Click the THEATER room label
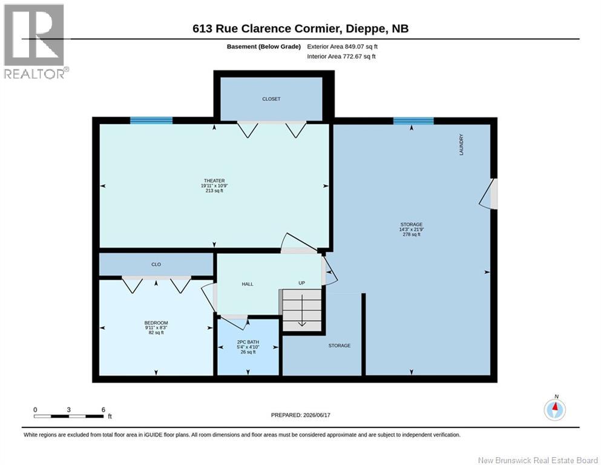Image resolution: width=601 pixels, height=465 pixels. point(214,180)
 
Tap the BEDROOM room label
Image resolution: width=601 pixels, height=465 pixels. point(156,323)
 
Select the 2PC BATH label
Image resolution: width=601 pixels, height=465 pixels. point(248,342)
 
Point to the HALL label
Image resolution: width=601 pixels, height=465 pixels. point(248,284)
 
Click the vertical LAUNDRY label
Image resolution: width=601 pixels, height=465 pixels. point(461,145)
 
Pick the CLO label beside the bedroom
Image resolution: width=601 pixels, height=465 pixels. point(156,264)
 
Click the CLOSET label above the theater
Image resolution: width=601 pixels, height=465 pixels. point(271,99)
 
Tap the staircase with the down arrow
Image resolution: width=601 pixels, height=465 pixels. point(302,310)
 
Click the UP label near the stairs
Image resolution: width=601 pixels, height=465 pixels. point(301,283)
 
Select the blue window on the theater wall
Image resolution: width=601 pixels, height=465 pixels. point(151,120)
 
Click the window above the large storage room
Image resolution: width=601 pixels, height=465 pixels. point(413,120)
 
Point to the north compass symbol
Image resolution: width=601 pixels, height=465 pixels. point(554,409)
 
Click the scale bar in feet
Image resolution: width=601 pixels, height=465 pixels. point(69,416)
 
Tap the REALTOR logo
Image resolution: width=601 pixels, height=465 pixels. point(35,41)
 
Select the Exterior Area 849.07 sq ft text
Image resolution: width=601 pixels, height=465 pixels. point(343,47)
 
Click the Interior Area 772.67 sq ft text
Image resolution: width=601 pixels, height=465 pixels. point(341,56)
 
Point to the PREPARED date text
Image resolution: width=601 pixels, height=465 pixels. point(300,415)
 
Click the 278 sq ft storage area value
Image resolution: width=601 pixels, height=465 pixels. point(412,234)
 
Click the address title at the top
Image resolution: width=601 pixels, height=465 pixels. point(300,28)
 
